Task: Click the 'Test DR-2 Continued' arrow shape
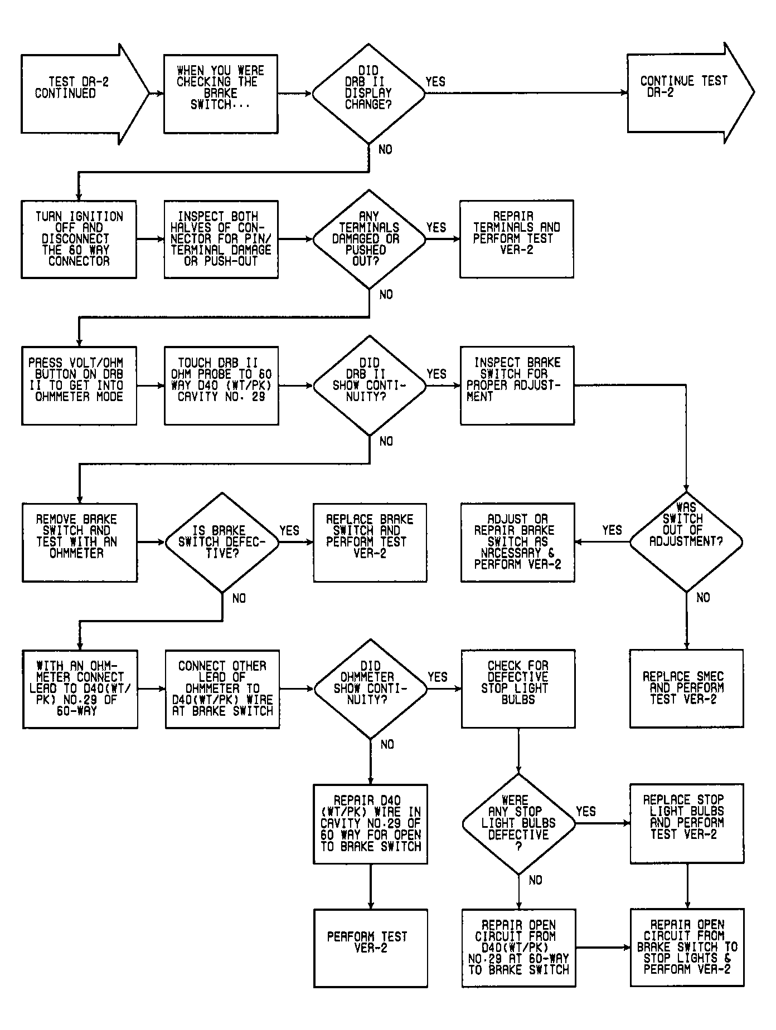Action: tap(85, 94)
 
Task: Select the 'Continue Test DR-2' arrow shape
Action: tap(690, 93)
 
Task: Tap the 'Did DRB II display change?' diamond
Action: tap(368, 94)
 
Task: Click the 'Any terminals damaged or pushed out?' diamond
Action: tap(368, 239)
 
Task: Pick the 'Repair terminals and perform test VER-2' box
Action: tap(516, 239)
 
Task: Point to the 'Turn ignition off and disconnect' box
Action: tap(79, 239)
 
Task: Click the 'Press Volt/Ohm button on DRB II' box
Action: tap(79, 385)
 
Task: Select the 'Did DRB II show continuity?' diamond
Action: tap(369, 385)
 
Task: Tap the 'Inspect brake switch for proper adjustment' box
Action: tap(517, 385)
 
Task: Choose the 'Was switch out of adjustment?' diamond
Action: tap(686, 541)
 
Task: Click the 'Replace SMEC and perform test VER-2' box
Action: tap(686, 688)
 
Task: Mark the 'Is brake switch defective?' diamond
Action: tap(222, 542)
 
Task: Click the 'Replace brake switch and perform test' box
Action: tap(370, 542)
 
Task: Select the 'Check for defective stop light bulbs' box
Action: tap(518, 689)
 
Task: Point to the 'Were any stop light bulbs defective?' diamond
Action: tap(518, 823)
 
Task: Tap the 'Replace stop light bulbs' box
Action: tap(687, 823)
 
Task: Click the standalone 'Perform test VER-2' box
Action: tap(370, 948)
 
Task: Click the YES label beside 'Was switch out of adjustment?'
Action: tap(612, 530)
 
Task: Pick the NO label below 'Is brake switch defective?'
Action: tap(239, 598)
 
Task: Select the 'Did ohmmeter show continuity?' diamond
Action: tap(370, 689)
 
